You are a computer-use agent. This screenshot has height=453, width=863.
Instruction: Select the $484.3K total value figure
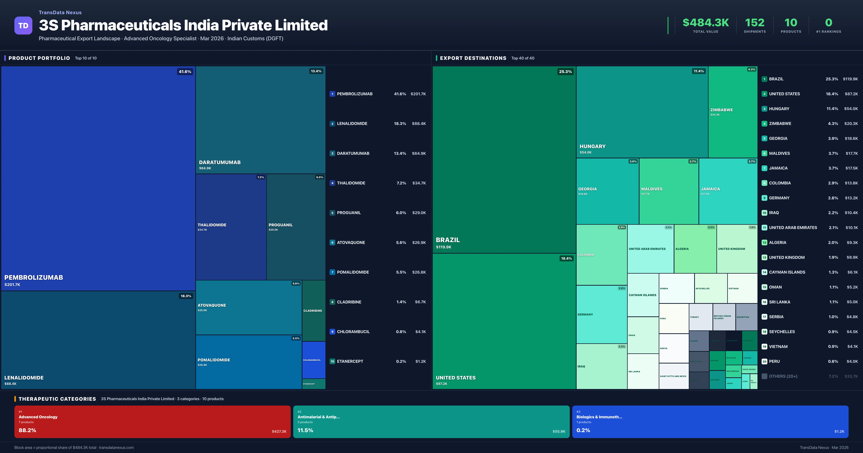(x=706, y=22)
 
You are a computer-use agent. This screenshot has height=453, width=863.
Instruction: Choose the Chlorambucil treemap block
(x=314, y=360)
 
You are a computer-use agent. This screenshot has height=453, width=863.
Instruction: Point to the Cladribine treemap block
(x=314, y=311)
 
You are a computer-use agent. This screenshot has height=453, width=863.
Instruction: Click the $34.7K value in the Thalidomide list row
(x=419, y=183)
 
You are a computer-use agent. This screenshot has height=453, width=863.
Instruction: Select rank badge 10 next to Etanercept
(x=332, y=362)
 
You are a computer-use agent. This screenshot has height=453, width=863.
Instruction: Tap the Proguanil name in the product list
(x=349, y=213)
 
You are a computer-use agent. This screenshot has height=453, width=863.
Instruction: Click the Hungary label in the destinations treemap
(x=592, y=147)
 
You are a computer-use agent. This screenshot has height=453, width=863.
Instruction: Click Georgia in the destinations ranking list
(x=778, y=138)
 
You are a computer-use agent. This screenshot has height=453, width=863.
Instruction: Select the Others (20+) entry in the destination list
(x=783, y=376)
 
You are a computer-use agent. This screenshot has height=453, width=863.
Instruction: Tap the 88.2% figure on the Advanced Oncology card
(x=28, y=430)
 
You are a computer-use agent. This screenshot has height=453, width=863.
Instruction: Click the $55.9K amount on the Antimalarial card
(x=558, y=432)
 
